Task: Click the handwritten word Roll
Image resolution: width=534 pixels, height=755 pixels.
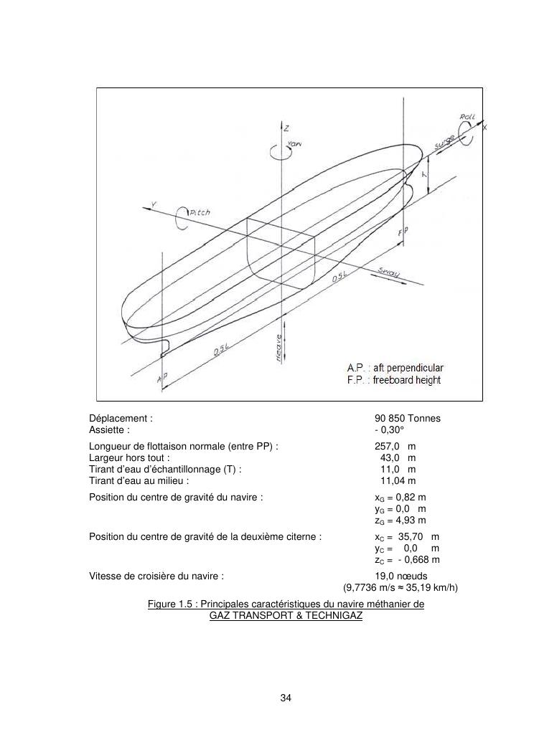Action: pos(467,116)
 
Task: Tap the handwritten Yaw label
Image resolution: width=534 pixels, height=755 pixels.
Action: pos(294,144)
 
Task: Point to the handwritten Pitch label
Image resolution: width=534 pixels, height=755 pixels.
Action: pos(200,213)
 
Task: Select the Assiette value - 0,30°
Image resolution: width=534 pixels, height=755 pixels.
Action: pos(390,430)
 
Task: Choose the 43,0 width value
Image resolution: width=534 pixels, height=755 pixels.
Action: pos(390,457)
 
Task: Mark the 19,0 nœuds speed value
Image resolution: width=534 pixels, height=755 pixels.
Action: pos(401,576)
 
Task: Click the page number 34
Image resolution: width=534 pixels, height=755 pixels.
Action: pos(286,698)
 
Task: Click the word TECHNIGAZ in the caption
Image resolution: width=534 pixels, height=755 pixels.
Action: pos(333,615)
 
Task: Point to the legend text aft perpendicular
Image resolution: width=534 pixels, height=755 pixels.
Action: pos(407,369)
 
